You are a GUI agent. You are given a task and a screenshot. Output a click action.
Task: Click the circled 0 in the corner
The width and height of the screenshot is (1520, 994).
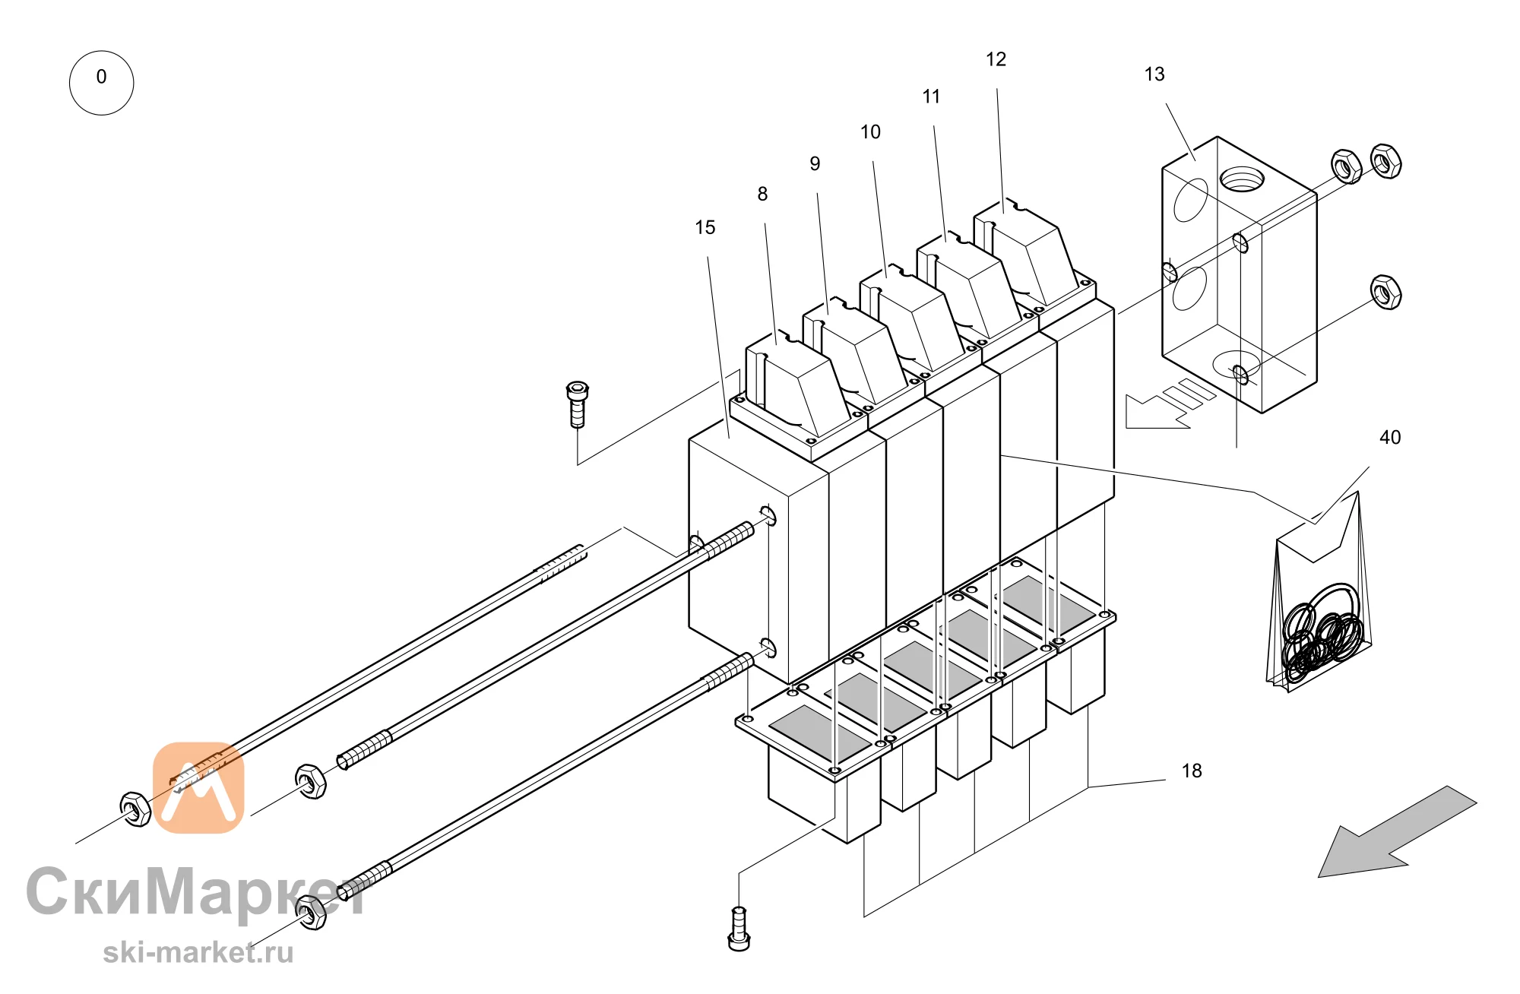pyautogui.click(x=101, y=83)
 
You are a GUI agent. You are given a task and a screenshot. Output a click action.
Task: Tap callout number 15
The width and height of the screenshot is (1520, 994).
pyautogui.click(x=705, y=227)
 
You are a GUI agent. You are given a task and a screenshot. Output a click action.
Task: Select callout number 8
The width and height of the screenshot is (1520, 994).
pyautogui.click(x=762, y=194)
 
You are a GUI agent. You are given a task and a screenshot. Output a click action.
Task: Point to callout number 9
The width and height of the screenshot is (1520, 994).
pyautogui.click(x=815, y=163)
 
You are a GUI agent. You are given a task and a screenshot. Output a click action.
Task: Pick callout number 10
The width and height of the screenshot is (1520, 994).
pyautogui.click(x=870, y=132)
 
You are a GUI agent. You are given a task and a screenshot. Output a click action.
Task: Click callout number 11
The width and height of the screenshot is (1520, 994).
pyautogui.click(x=931, y=97)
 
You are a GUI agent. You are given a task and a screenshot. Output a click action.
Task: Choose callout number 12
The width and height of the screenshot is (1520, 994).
pyautogui.click(x=996, y=59)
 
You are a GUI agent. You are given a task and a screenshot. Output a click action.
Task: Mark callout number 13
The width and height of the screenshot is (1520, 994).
pyautogui.click(x=1154, y=74)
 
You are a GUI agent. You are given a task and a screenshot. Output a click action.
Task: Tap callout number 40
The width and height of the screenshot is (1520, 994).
pyautogui.click(x=1390, y=437)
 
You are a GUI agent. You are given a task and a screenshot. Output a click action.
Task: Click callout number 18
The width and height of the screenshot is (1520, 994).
pyautogui.click(x=1192, y=771)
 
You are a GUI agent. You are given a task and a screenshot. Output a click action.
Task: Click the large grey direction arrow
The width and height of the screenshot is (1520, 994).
pyautogui.click(x=1397, y=831)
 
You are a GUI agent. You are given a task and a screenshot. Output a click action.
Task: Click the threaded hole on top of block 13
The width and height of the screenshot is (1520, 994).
pyautogui.click(x=1242, y=180)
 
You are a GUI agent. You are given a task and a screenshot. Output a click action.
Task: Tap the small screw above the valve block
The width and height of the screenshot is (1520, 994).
pyautogui.click(x=578, y=404)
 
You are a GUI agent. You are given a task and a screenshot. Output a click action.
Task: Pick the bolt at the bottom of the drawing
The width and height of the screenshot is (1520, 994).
pyautogui.click(x=739, y=929)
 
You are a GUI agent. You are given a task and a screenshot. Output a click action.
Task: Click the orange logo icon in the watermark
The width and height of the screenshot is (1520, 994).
pyautogui.click(x=198, y=787)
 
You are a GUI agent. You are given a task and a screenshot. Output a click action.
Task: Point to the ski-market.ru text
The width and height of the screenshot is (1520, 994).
pyautogui.click(x=198, y=952)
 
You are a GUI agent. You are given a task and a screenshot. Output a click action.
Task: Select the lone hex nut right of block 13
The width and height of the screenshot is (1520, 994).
pyautogui.click(x=1385, y=292)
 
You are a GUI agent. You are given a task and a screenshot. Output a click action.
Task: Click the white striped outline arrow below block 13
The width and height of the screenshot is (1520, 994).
pyautogui.click(x=1170, y=403)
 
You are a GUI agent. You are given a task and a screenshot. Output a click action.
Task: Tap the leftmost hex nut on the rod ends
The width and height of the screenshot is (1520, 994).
pyautogui.click(x=135, y=809)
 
